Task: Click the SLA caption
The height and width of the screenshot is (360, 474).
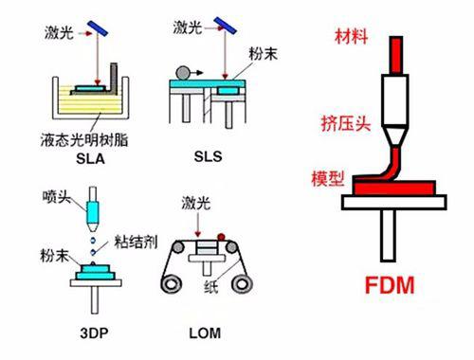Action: click(x=90, y=158)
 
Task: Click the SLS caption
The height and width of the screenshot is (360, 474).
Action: click(x=208, y=156)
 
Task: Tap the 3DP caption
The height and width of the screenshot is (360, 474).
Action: click(x=94, y=333)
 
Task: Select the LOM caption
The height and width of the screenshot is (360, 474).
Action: click(x=205, y=333)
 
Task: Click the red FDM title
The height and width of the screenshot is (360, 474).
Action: click(x=390, y=285)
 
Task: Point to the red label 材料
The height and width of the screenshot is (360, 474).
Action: click(x=352, y=36)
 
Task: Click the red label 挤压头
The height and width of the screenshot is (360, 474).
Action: click(x=346, y=123)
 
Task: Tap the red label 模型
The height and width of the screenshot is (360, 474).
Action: click(x=328, y=178)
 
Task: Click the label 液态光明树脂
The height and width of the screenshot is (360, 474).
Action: click(x=84, y=140)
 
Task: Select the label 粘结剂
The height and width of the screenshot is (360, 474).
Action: click(x=136, y=242)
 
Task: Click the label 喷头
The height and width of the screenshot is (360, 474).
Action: click(x=57, y=196)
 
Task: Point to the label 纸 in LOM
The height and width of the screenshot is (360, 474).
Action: click(x=210, y=286)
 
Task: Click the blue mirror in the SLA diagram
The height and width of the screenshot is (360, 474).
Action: click(x=98, y=28)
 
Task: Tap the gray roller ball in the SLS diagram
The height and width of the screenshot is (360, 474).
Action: click(x=183, y=73)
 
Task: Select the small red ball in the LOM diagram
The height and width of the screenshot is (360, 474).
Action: click(x=221, y=237)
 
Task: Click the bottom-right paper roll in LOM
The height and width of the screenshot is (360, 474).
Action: click(x=242, y=284)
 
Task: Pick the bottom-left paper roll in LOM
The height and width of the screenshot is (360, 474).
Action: click(x=171, y=284)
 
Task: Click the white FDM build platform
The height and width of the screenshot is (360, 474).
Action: click(x=394, y=202)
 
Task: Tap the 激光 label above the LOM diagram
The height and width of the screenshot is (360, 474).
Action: click(x=196, y=203)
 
